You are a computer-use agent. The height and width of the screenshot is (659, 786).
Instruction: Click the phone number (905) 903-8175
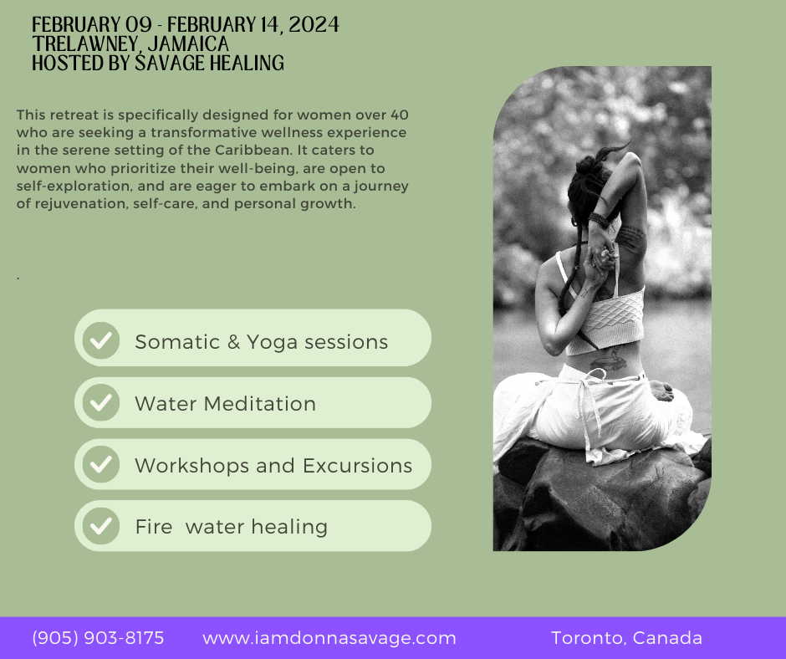98,638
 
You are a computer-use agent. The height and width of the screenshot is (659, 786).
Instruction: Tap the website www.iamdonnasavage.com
329,638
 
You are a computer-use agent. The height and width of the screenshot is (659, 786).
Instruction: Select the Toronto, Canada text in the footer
626,638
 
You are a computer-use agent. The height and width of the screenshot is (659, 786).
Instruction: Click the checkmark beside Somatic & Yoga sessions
100,340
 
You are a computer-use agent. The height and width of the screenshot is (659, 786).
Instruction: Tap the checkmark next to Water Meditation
100,402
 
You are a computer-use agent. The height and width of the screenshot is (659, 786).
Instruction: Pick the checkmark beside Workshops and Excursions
100,464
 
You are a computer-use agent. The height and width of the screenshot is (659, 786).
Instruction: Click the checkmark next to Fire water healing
100,525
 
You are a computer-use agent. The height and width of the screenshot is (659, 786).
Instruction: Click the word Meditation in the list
260,404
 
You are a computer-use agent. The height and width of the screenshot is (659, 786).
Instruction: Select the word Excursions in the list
357,466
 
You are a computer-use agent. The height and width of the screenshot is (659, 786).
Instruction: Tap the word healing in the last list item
289,528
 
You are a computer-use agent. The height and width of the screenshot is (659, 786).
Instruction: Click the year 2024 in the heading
314,24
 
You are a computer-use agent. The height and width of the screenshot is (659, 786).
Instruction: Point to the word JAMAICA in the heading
188,43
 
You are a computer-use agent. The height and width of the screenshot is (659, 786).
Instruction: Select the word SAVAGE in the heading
170,63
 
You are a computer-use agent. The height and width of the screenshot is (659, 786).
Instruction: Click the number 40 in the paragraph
399,115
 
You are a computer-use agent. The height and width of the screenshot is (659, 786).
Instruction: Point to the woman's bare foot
661,391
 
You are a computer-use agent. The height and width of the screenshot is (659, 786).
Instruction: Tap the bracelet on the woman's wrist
598,220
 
